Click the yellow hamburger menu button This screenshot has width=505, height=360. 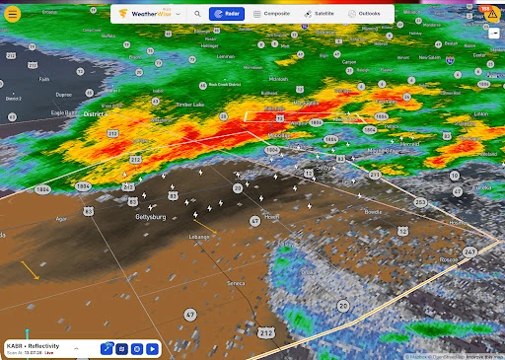tap(13, 14)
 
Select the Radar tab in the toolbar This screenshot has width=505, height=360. tap(227, 15)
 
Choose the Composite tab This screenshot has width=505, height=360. tap(271, 15)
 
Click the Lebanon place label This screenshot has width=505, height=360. tap(201, 237)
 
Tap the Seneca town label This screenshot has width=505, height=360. tap(236, 283)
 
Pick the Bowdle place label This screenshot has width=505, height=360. tap(373, 211)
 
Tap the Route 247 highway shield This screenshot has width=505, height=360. tap(469, 252)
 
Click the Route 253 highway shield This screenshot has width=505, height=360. tap(421, 201)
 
